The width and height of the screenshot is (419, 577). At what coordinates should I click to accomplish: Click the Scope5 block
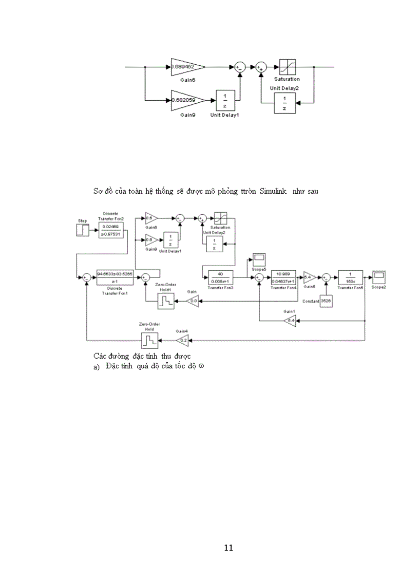[x=258, y=259]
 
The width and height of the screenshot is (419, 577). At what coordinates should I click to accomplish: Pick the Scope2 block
[x=379, y=276]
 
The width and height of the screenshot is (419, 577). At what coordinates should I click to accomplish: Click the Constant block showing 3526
[x=326, y=301]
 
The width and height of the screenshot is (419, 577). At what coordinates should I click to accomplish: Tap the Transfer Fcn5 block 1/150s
[x=350, y=276]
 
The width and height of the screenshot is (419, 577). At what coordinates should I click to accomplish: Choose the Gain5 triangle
[x=309, y=276]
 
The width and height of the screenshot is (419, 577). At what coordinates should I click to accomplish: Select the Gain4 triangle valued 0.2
[x=183, y=340]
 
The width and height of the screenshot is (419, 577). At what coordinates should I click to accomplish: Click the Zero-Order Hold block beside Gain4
[x=149, y=340]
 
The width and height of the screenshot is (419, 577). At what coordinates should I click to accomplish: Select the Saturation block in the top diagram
[x=287, y=67]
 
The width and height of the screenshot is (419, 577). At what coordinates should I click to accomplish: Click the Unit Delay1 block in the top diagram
[x=224, y=100]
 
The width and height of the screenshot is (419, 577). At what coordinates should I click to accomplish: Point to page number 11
[x=229, y=548]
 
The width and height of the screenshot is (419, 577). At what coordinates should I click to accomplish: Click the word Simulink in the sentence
[x=276, y=191]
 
